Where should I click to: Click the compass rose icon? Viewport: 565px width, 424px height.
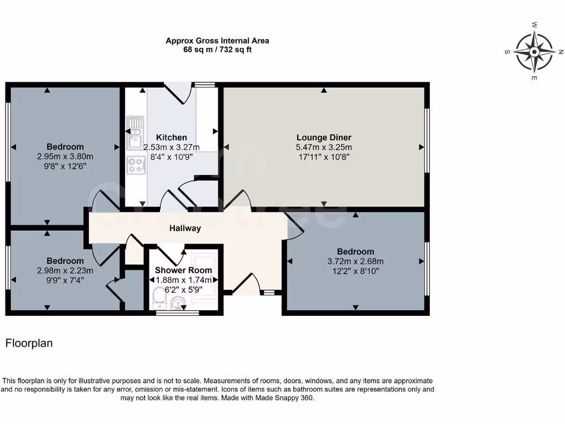pos(534,52)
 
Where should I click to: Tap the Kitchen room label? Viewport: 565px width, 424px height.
pos(171,137)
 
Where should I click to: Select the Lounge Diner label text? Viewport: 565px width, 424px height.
pos(324,137)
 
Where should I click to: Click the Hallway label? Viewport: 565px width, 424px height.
pos(185,228)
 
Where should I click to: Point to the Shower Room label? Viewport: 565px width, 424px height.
pos(183,270)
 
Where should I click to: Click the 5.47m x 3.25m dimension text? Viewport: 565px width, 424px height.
pos(324,147)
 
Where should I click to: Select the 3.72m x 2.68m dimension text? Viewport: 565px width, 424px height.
pos(355,262)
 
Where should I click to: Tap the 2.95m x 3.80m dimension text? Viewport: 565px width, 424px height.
pos(65,156)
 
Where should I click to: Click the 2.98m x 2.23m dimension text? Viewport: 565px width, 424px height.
pos(65,271)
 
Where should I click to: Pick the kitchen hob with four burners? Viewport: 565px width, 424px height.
pos(135,164)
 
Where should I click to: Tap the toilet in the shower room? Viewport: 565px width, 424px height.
pos(158,301)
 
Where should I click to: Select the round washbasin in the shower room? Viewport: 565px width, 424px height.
pos(178,303)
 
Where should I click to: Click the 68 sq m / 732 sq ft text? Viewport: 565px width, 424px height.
pos(217,50)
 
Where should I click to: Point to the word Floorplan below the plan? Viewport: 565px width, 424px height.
pos(29,343)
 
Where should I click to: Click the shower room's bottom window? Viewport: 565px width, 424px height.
pos(177,313)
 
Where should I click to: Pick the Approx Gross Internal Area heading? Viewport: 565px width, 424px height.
pos(217,41)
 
